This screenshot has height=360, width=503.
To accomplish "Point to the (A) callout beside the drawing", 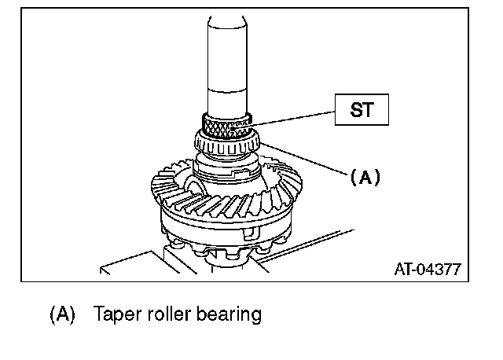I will (365, 178).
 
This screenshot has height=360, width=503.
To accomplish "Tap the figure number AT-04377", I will (427, 269).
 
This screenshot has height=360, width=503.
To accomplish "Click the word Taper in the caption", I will (116, 315).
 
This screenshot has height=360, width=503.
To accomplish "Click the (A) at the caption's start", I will (62, 315).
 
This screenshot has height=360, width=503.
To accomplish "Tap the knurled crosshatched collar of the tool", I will (226, 124).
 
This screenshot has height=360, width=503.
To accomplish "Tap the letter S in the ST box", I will (354, 111).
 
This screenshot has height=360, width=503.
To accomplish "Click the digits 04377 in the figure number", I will (439, 269).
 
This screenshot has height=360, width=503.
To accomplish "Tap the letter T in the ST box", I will (368, 111).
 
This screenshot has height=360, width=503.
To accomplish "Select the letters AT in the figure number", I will (402, 269).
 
